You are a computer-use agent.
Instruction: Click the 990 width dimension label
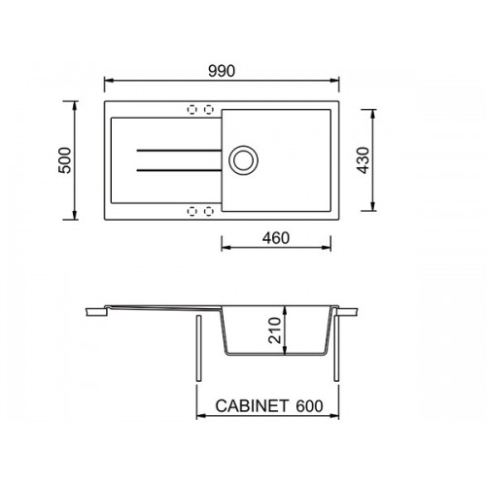coord(222,71)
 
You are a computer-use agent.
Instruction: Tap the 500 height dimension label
coord(65,160)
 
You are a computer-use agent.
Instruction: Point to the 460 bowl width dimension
coord(276,238)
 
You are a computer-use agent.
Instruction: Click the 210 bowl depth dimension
coord(275,330)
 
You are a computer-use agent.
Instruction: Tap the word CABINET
coord(248,405)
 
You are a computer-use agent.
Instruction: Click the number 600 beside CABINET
coord(309,405)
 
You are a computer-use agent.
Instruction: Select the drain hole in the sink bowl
coord(243,160)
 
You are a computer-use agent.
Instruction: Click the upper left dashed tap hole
coord(192,110)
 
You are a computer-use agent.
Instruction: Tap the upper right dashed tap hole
coord(209,110)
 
